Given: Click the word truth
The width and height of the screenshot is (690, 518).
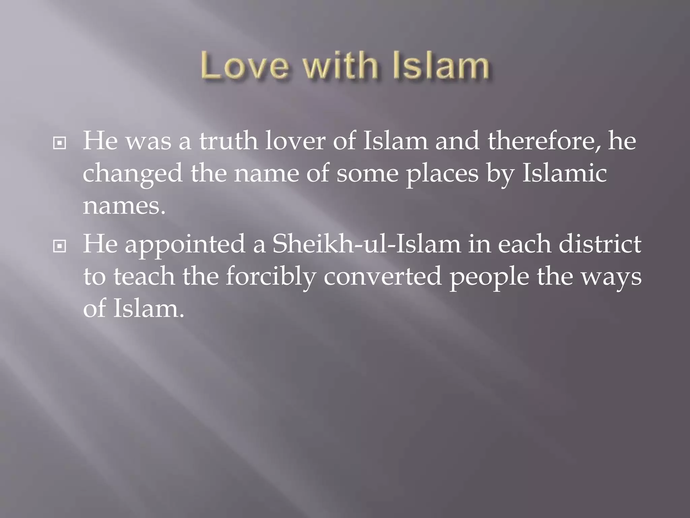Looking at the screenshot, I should [x=228, y=141].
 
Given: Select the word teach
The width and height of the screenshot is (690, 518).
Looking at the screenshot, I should [x=144, y=276].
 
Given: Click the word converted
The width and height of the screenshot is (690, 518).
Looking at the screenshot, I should [x=382, y=276].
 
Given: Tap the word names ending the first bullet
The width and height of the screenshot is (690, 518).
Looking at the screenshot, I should [x=124, y=206].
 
